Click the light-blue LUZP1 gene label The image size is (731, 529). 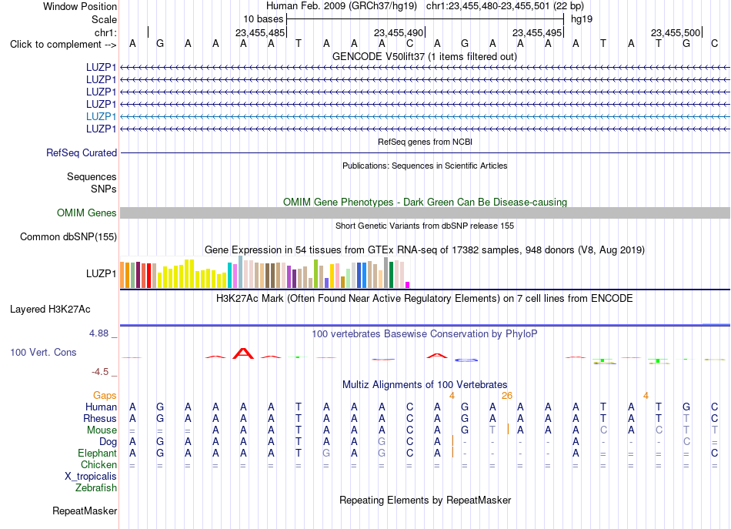click(x=101, y=116)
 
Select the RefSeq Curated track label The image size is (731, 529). click(x=82, y=153)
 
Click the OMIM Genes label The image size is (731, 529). click(x=87, y=213)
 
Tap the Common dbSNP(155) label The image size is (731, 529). click(x=68, y=237)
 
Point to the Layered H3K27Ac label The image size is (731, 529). click(x=50, y=310)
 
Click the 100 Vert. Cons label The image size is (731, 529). click(x=43, y=353)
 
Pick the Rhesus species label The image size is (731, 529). click(x=100, y=418)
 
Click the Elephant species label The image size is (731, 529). click(x=98, y=453)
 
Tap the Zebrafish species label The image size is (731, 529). click(x=96, y=488)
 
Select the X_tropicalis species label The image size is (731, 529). click(x=91, y=477)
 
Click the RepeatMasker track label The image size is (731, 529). click(x=85, y=511)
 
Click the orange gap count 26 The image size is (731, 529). click(x=507, y=396)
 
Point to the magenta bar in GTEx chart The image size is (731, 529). click(x=408, y=285)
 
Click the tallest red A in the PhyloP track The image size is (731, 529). click(x=243, y=353)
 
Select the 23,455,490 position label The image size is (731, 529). click(x=399, y=32)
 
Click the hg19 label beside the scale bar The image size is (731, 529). click(x=582, y=19)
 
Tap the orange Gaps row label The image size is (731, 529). click(x=105, y=396)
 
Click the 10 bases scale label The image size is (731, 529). click(x=263, y=19)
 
